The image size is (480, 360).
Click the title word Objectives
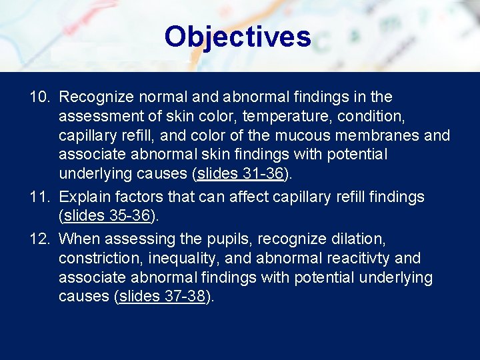click(237, 37)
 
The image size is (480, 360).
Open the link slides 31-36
click(241, 174)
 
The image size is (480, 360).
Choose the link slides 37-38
click(161, 297)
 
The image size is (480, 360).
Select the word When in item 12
click(77, 239)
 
